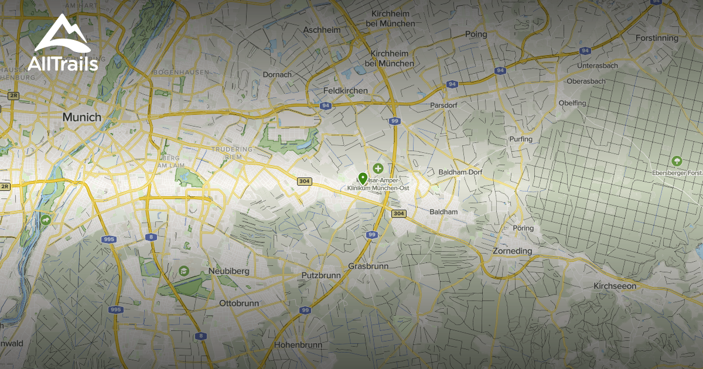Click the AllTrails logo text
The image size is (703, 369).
coord(63,63)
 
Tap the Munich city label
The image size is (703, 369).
coord(82,117)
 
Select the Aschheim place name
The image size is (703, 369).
coord(322,30)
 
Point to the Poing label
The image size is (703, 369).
coord(476,35)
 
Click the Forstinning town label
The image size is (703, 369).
coord(657,38)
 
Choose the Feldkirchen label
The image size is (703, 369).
coord(346,91)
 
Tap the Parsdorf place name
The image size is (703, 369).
coord(443,105)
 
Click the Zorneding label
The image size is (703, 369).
coord(512,251)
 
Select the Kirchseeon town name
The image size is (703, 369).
coord(615,286)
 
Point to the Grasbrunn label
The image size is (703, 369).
coord(368,266)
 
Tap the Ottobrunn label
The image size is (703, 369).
coord(238,303)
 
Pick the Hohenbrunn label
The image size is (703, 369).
coord(298,345)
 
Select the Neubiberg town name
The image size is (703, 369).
coord(228,271)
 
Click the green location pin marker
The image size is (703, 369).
coord(363,178)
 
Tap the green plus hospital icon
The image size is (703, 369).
coord(378,168)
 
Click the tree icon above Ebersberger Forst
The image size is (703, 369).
coord(677,160)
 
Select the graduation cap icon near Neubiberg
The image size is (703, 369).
coord(183,270)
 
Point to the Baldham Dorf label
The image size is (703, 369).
coord(460,172)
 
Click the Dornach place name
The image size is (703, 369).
coord(277,74)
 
